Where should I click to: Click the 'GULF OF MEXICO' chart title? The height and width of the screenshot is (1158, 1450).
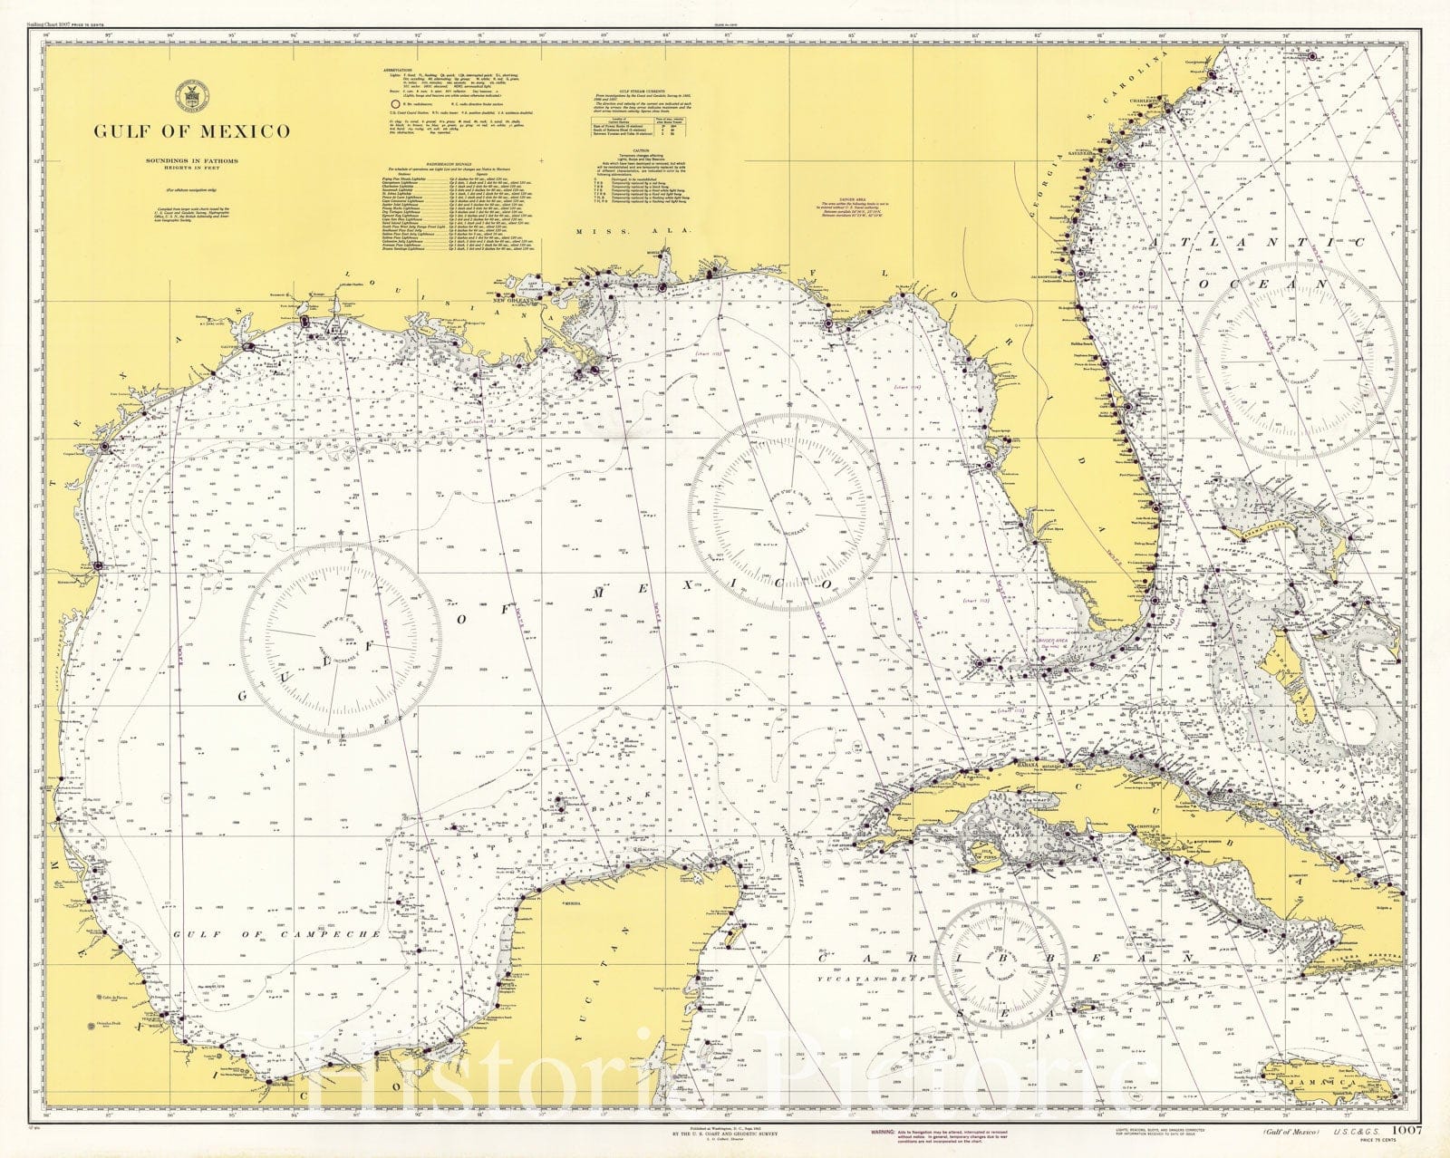(192, 131)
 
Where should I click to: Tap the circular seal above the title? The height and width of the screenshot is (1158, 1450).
(191, 92)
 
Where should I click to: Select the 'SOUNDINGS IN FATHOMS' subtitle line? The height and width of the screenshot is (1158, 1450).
(191, 160)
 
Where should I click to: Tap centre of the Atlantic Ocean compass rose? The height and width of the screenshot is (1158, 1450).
(1296, 360)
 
